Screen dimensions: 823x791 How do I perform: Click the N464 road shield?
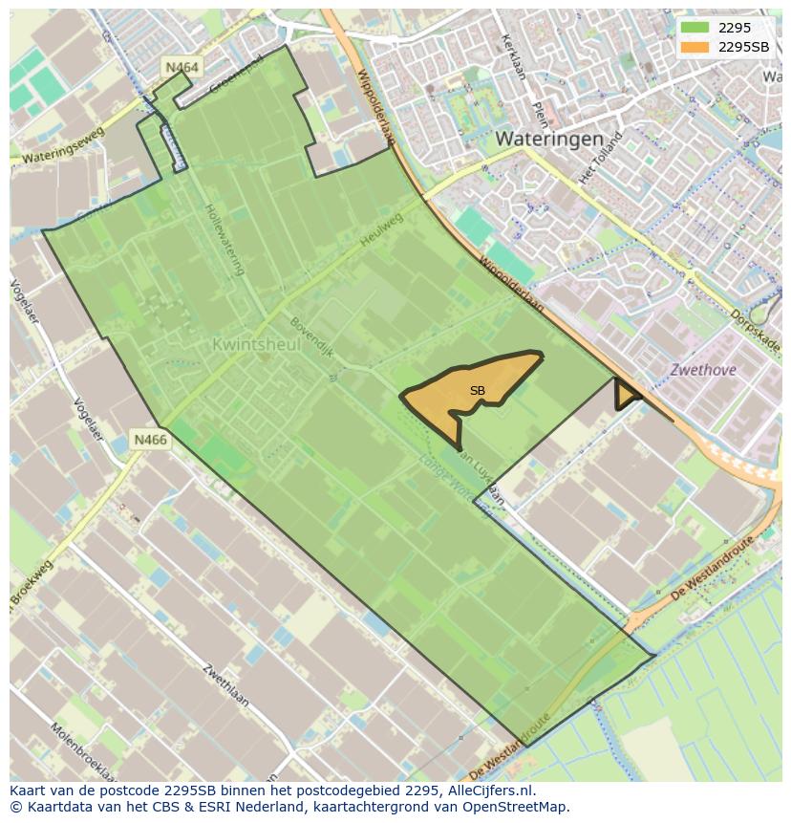point(182,67)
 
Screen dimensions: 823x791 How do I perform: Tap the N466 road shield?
point(150,440)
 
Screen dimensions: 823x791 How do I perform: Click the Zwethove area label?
point(702,369)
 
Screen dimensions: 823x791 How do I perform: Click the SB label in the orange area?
point(478,390)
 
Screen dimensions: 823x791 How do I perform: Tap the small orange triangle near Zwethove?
point(626,394)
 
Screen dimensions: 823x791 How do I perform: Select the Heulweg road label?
point(382,229)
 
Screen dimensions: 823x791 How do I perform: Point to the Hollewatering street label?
point(224,239)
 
